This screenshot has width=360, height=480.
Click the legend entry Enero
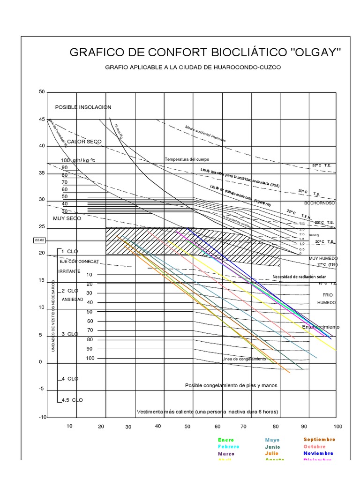[226, 440]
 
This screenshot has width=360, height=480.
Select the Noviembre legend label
[318, 453]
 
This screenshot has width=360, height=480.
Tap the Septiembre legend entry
[319, 440]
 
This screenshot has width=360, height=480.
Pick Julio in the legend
[271, 453]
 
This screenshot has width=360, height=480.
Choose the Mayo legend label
[272, 440]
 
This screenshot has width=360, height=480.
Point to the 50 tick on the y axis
[42, 91]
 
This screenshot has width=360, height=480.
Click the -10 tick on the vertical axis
[43, 417]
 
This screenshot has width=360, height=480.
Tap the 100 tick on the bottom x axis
[337, 427]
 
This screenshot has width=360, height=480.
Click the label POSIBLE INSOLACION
[83, 107]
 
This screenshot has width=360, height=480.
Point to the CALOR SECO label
[84, 141]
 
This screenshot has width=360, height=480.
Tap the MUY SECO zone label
[67, 218]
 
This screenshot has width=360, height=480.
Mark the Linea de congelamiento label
[244, 359]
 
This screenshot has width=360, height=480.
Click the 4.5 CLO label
[72, 400]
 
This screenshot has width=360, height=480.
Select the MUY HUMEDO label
[322, 258]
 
